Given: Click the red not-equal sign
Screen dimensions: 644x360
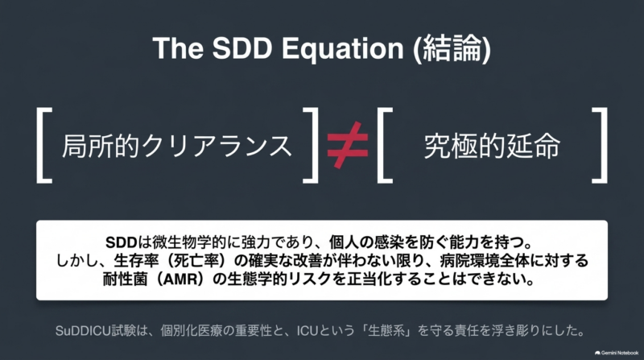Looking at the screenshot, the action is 348,145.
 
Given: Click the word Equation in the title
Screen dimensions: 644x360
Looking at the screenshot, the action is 343,49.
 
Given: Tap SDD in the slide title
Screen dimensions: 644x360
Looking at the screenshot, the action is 242,48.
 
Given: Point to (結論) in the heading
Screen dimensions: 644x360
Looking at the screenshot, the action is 452,49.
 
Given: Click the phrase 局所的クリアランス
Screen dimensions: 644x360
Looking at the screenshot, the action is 177,146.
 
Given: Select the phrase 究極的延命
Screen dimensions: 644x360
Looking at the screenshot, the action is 492,146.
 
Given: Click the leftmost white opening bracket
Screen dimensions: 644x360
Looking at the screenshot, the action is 44,145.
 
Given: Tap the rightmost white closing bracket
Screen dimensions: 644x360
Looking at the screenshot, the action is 600,145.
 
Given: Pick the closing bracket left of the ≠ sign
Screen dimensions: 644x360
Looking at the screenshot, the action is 311,145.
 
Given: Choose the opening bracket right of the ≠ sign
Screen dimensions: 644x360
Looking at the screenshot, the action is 385,145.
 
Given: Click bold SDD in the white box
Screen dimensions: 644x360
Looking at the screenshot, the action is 121,242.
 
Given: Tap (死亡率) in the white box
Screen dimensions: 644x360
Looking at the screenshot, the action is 196,261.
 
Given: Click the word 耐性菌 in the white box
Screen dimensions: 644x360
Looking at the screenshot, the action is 125,279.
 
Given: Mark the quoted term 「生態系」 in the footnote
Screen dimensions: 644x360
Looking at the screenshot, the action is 387,331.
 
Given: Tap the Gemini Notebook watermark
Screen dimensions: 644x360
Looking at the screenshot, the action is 617,353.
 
